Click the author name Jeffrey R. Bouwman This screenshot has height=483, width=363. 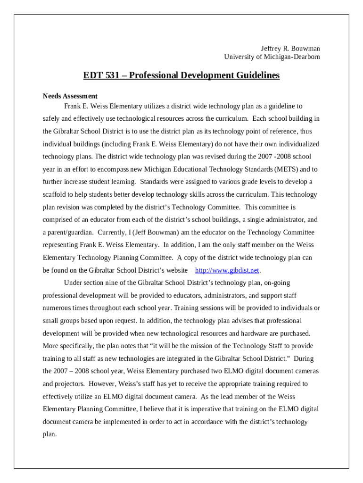[x=290, y=49]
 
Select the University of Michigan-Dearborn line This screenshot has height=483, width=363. [x=272, y=57]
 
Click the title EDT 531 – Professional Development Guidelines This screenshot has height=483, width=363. [x=181, y=75]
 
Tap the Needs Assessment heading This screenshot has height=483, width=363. [x=70, y=96]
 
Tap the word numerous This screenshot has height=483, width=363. [x=57, y=308]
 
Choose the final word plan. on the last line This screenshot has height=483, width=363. [x=49, y=434]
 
